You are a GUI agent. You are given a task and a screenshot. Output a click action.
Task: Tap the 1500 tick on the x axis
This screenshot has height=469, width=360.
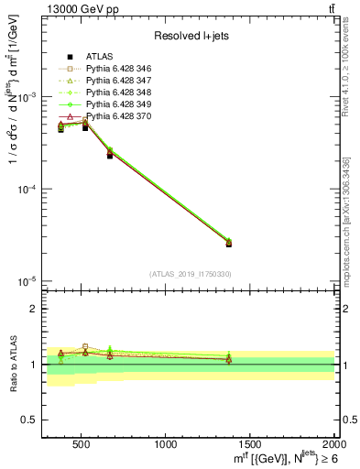pos(250,444)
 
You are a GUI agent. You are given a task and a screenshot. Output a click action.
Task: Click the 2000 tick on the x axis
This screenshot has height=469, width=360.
pos(333,444)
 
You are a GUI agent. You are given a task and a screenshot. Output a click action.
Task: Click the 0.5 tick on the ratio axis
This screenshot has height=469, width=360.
pos(31,420)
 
